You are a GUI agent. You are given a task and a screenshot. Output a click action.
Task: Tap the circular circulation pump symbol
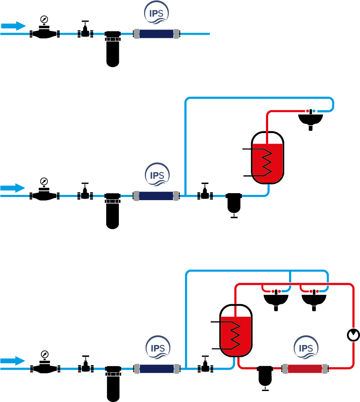353,335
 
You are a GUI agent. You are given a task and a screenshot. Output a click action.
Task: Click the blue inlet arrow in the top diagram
13,26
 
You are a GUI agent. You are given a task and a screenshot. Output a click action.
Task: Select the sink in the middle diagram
310,118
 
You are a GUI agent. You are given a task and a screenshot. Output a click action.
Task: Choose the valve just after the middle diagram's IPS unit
205,193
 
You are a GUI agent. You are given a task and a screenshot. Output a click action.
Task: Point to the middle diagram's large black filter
112,211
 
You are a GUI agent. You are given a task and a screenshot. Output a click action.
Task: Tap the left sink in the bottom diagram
276,300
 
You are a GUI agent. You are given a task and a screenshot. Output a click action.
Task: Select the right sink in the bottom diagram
314,300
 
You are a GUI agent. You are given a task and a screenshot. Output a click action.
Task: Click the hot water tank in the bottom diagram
236,331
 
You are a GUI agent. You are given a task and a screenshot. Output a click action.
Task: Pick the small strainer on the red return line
264,375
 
